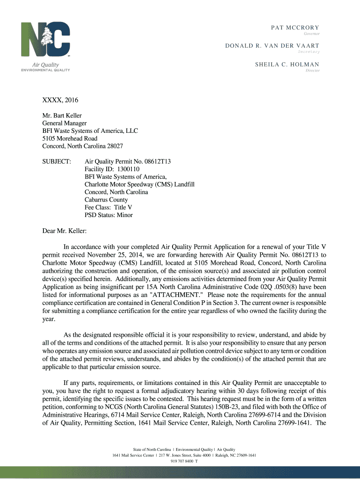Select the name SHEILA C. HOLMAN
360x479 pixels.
(287, 65)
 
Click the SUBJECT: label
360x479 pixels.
(57, 161)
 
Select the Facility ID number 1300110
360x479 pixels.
(126, 169)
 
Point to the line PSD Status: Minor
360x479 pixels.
(108, 215)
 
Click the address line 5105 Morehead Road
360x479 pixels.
(70, 138)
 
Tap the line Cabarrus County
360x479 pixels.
(106, 200)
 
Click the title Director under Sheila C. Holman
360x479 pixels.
(312, 71)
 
